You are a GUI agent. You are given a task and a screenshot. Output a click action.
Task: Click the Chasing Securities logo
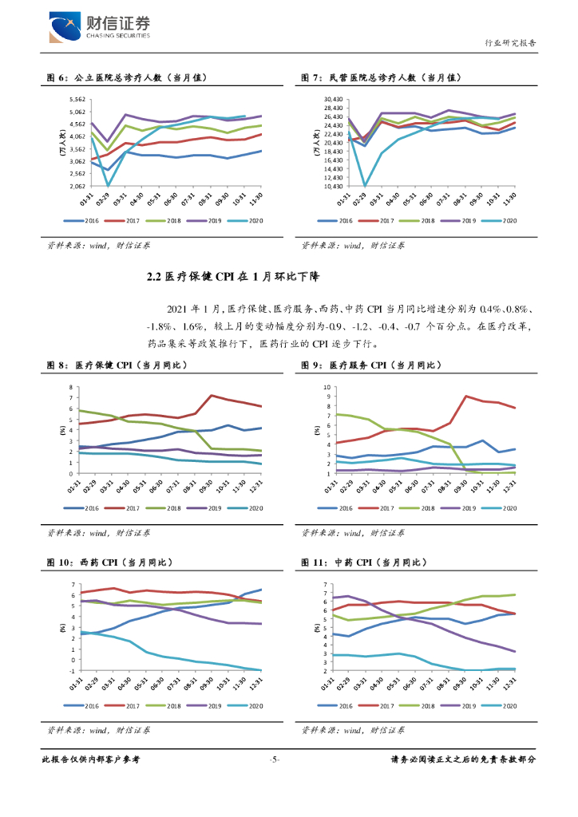click(99, 27)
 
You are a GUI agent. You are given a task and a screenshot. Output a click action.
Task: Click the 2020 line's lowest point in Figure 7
click(365, 186)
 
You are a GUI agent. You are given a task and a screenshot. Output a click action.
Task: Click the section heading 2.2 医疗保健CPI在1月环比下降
click(232, 277)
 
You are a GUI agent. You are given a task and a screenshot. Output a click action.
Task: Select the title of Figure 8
click(117, 365)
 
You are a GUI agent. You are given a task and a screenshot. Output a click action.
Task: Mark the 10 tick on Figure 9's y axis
click(327, 387)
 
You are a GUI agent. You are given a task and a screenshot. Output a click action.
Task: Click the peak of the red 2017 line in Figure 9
click(465, 396)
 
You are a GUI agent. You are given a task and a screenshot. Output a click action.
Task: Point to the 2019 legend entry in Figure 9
click(468, 508)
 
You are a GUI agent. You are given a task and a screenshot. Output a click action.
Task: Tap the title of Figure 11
click(364, 562)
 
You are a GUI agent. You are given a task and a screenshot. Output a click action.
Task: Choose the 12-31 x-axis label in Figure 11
click(511, 685)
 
